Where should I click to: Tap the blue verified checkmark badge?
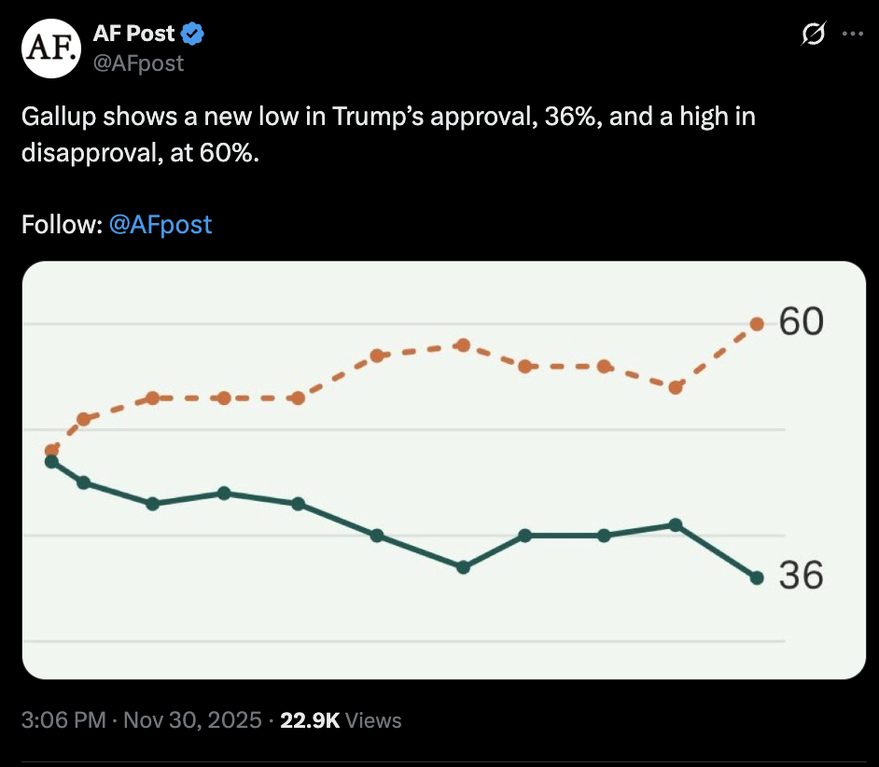click(x=193, y=35)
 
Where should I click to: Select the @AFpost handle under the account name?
click(x=138, y=63)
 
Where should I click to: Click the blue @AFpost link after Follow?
click(x=160, y=225)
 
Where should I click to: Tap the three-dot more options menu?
click(x=853, y=34)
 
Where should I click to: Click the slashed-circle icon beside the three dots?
click(x=814, y=34)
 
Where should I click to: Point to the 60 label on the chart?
click(x=802, y=322)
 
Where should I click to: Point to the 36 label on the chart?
click(x=802, y=576)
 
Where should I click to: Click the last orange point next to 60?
click(x=757, y=324)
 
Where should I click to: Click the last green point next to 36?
click(x=757, y=579)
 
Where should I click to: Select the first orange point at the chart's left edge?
click(x=52, y=451)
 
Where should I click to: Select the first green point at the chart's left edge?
click(x=52, y=461)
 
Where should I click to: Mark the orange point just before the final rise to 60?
click(x=676, y=386)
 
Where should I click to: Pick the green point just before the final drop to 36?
click(x=676, y=524)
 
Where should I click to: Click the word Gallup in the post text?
click(x=58, y=118)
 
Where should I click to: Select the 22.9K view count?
click(x=310, y=720)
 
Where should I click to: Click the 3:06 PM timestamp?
click(x=63, y=720)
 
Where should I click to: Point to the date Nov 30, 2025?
click(x=192, y=720)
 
